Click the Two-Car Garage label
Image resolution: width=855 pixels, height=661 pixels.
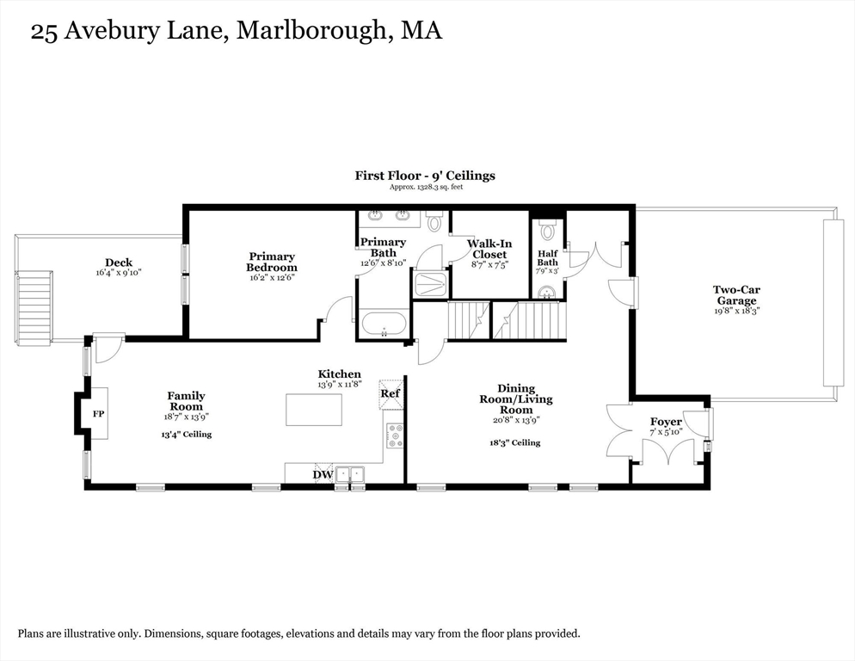(736, 295)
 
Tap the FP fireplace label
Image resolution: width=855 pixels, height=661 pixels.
(98, 414)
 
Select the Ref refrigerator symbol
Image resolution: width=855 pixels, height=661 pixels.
(391, 394)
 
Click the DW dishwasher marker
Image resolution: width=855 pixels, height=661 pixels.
(323, 474)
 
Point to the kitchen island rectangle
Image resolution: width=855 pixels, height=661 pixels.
(314, 410)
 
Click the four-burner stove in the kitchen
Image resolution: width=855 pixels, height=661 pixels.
(395, 436)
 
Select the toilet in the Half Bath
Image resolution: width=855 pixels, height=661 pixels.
(547, 229)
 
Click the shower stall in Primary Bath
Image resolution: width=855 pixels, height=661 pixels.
(431, 283)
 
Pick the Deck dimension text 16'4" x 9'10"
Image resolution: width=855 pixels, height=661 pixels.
(119, 272)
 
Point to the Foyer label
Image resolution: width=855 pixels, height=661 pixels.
(666, 422)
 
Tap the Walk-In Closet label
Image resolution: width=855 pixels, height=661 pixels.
(489, 249)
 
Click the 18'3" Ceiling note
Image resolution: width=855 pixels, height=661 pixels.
(515, 442)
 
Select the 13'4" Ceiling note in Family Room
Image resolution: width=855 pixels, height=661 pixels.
(187, 435)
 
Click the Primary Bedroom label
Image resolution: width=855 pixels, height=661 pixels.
(272, 262)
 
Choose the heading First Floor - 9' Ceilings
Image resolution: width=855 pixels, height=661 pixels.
(425, 176)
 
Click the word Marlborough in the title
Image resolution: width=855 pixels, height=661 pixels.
(311, 30)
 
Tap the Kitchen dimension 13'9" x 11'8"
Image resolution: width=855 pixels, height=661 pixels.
(340, 384)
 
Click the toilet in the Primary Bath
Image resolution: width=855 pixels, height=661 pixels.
(434, 221)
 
